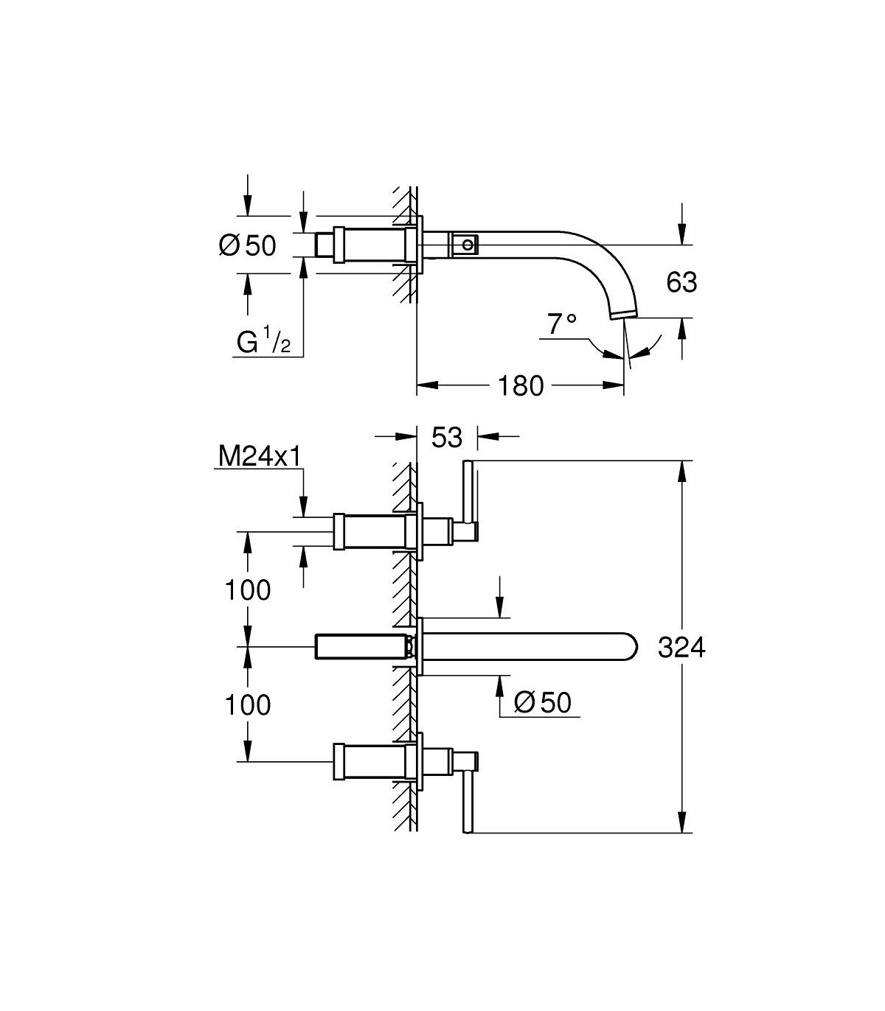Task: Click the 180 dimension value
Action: click(x=521, y=386)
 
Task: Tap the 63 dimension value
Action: click(x=681, y=282)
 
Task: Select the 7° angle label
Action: click(x=562, y=324)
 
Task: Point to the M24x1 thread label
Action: click(x=260, y=456)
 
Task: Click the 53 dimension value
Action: click(x=447, y=437)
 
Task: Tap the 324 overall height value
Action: click(x=681, y=647)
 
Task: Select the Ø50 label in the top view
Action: click(x=247, y=245)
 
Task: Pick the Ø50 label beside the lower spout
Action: click(x=542, y=702)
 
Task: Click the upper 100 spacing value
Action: click(x=247, y=590)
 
